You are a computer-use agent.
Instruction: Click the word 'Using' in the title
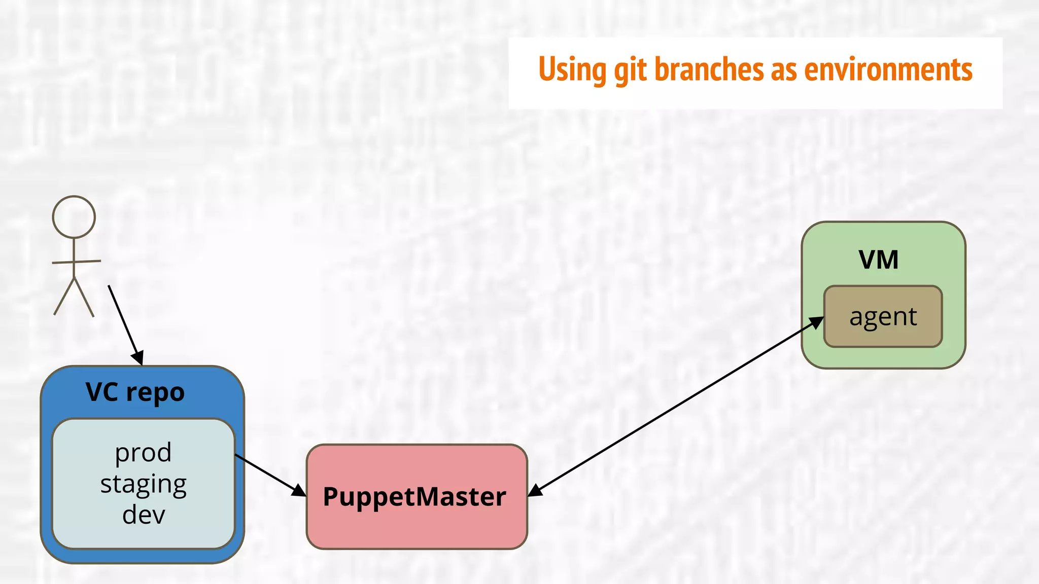point(572,70)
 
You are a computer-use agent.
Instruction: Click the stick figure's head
point(74,217)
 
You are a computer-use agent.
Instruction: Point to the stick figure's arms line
point(76,262)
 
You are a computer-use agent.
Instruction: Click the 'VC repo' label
point(135,392)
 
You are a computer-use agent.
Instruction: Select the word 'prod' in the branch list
point(143,453)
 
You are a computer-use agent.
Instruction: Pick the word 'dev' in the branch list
point(144,515)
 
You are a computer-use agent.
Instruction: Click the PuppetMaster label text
point(414,497)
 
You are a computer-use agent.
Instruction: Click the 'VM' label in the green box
point(878,260)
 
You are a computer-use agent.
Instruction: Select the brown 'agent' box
point(883,317)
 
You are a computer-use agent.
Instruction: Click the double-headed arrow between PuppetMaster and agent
point(675,406)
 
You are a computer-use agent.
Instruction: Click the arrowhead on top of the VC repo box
point(138,358)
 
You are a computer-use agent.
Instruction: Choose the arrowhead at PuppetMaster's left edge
point(299,490)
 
